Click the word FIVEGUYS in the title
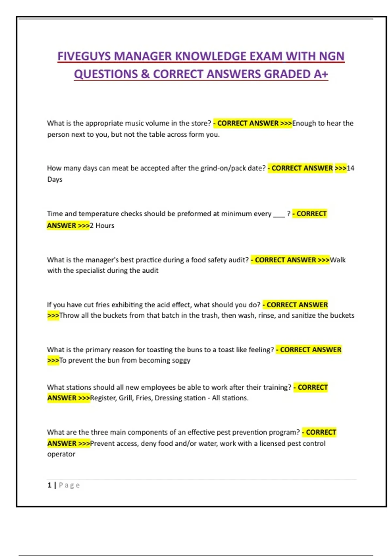click(x=84, y=56)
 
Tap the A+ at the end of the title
click(x=320, y=74)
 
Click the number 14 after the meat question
click(x=350, y=168)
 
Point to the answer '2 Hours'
click(x=102, y=225)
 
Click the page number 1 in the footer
click(x=49, y=485)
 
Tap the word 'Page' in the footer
click(x=69, y=485)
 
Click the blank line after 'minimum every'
click(x=279, y=214)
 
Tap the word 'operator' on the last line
click(x=61, y=454)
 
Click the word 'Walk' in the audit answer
click(x=338, y=260)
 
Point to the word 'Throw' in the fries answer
click(x=69, y=315)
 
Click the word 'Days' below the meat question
click(x=55, y=179)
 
